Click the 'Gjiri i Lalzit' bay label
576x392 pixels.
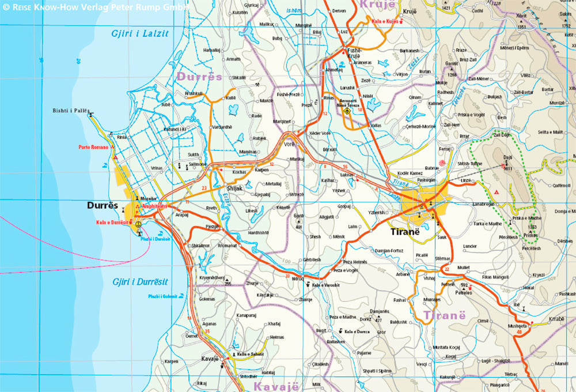tap(140, 33)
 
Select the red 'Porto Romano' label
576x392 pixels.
tap(93, 148)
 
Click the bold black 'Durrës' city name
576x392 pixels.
tap(102, 205)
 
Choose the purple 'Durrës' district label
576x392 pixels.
tap(199, 76)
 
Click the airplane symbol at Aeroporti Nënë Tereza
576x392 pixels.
tap(347, 111)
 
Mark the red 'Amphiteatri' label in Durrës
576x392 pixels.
tap(154, 206)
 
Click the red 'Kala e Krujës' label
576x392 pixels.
tap(385, 21)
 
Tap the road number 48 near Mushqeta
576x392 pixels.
tap(520, 332)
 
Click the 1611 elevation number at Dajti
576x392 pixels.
tap(508, 168)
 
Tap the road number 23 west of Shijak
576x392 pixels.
tap(204, 188)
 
